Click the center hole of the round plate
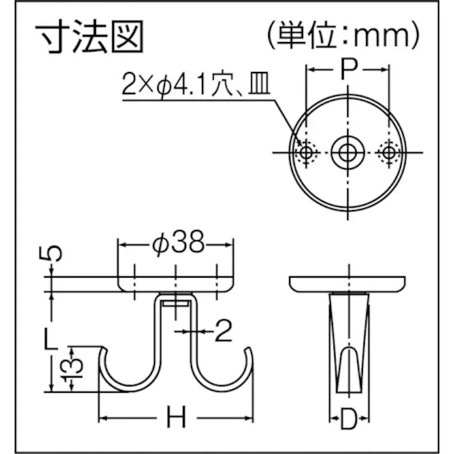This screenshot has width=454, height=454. pyautogui.click(x=347, y=152)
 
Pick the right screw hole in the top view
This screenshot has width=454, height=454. pyautogui.click(x=387, y=152)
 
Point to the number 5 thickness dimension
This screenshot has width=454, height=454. pyautogui.click(x=56, y=253)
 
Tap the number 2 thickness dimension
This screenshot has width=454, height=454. pyautogui.click(x=223, y=331)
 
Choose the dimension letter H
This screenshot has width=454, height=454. pyautogui.click(x=176, y=418)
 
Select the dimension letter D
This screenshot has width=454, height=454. pyautogui.click(x=348, y=418)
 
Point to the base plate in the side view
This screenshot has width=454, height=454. pyautogui.click(x=347, y=283)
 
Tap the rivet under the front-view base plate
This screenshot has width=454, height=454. pyautogui.click(x=176, y=302)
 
